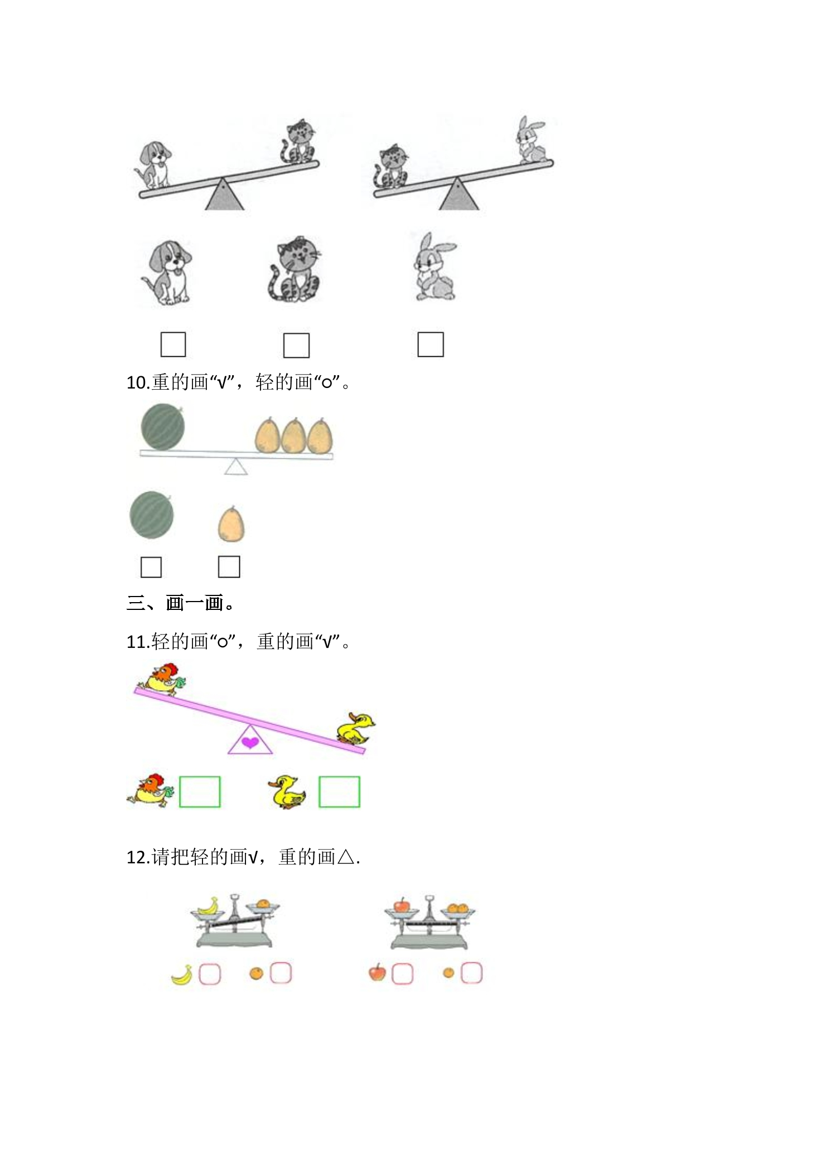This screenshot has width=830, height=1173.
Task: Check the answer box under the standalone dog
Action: pos(173,345)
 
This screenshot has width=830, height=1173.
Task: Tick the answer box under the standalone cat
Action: pos(296,345)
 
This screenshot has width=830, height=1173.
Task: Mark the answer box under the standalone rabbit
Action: pos(431,345)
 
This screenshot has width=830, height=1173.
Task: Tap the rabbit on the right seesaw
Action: pos(532,140)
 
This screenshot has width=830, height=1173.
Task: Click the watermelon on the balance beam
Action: pos(163,426)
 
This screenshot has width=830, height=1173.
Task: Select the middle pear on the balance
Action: pos(293,435)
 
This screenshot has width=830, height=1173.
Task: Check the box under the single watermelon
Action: pos(151,567)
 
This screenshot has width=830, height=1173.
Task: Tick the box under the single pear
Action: pos(229,566)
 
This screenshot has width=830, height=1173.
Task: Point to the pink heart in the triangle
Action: pos(250,742)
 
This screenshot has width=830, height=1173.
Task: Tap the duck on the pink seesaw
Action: pos(356,728)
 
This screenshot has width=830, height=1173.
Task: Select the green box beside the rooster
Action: pos(200,792)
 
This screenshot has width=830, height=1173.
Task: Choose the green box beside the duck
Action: pos(339,792)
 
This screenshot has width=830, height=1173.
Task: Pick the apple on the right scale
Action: pos(401,904)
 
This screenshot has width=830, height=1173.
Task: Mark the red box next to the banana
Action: pos(210,974)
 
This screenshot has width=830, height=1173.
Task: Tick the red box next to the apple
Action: pos(402,974)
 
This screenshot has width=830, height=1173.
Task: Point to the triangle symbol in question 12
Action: pos(346,857)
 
